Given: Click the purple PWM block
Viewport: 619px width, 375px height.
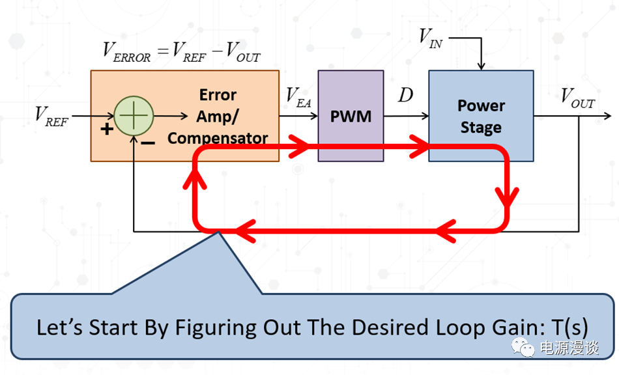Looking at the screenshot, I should (351, 116).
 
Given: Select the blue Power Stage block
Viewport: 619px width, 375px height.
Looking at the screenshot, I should (481, 115).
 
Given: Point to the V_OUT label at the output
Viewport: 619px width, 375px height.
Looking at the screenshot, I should (578, 98).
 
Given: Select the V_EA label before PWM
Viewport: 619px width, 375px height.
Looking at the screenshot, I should (298, 96).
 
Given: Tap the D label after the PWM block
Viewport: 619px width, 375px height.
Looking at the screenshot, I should (405, 96).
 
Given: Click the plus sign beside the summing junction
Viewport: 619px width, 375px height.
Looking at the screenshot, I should (106, 129).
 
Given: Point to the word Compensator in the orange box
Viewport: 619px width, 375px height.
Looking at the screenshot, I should (218, 138).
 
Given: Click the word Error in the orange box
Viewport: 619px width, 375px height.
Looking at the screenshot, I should (218, 95).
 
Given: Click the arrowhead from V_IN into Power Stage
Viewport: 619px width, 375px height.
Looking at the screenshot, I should (480, 66).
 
